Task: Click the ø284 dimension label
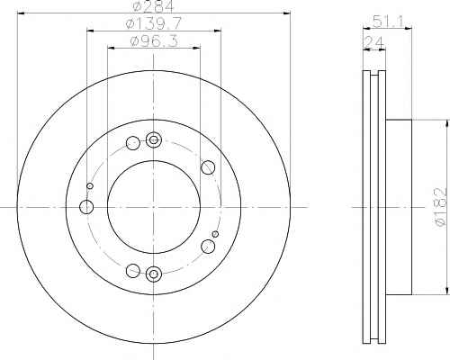(x=153, y=6)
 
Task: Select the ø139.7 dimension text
(x=154, y=23)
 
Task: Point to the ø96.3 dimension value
(x=154, y=41)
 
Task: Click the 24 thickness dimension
(x=373, y=42)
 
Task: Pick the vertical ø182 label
(x=442, y=207)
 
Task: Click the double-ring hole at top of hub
(x=154, y=139)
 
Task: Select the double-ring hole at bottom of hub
(x=154, y=274)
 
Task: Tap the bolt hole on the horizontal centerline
(x=86, y=207)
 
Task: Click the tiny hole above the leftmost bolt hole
(x=90, y=186)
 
